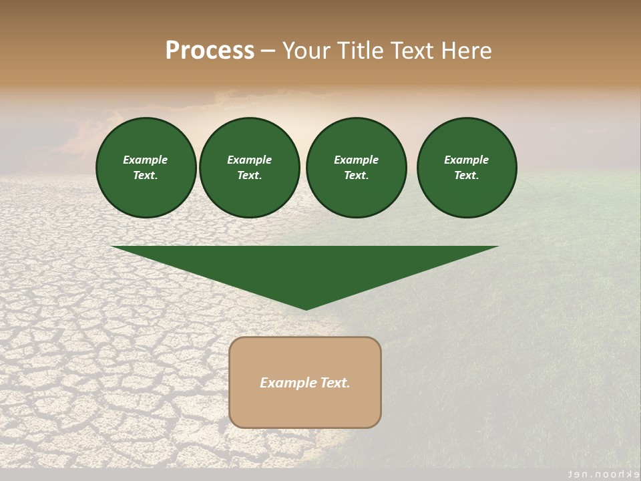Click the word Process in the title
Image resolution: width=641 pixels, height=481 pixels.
click(x=210, y=51)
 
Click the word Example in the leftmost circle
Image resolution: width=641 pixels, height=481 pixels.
click(x=146, y=160)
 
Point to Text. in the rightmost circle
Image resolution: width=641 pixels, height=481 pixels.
click(x=466, y=175)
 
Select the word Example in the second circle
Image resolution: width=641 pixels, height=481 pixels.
click(x=249, y=160)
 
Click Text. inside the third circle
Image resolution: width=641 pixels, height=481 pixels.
click(x=356, y=175)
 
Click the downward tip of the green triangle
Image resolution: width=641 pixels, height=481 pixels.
click(x=306, y=307)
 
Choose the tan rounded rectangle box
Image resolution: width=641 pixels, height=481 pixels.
click(x=305, y=408)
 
